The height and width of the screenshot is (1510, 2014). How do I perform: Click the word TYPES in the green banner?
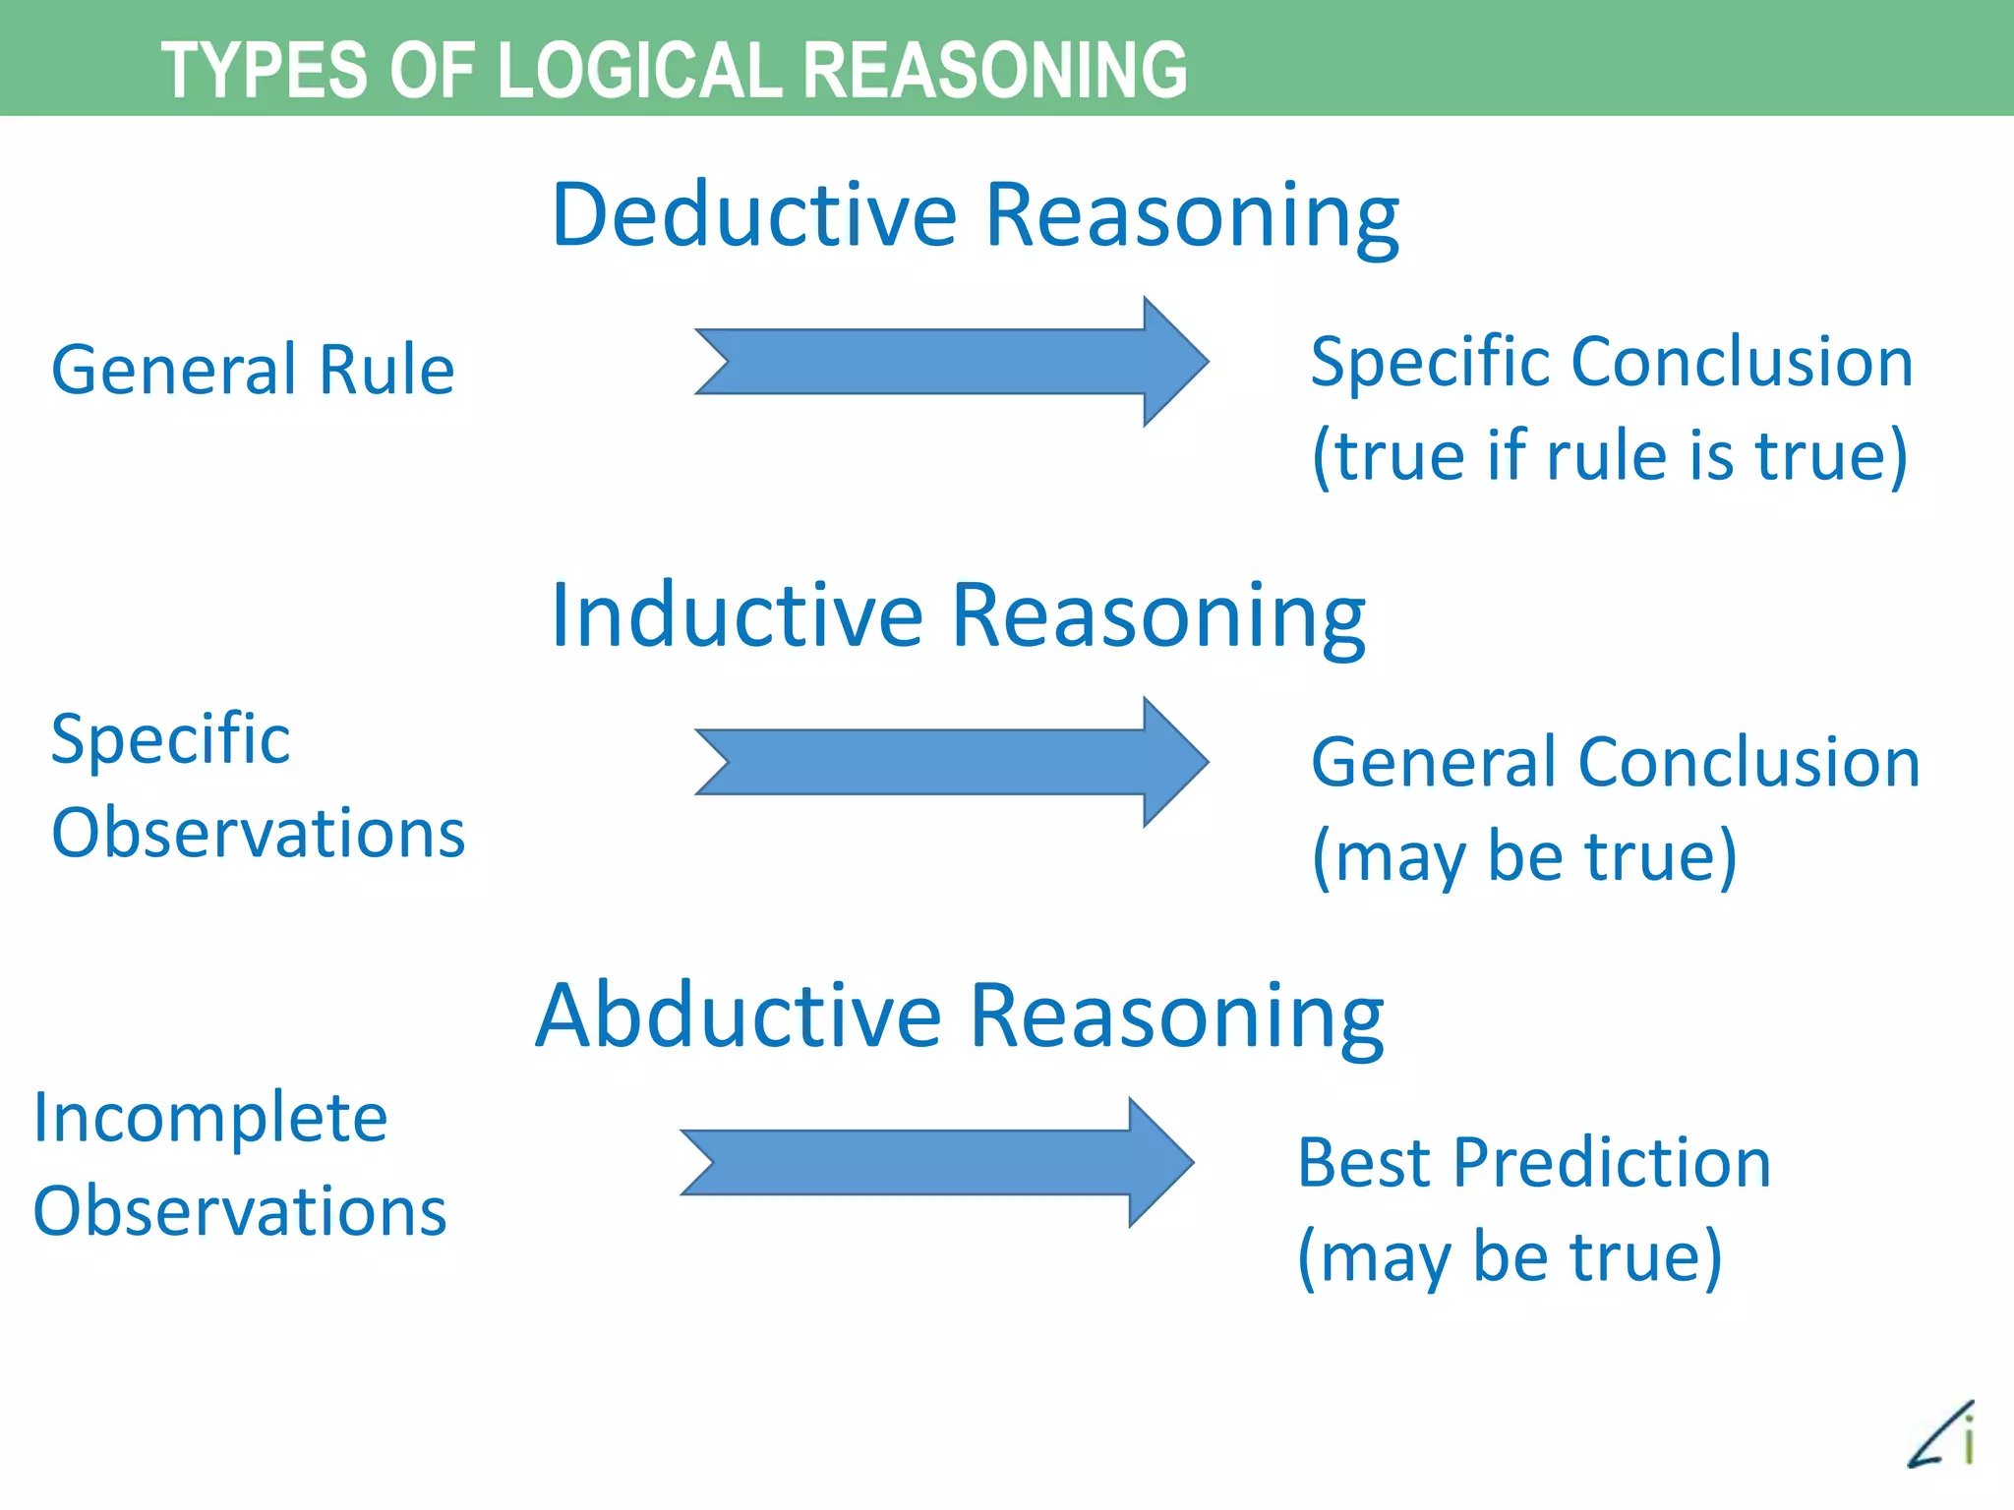tap(264, 70)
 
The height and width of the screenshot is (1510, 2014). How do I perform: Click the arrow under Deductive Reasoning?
tap(950, 362)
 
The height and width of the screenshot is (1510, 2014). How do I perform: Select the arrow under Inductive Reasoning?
tap(950, 762)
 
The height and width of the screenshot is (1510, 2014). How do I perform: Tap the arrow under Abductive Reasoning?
tap(935, 1162)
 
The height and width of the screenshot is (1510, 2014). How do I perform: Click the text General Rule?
tap(253, 370)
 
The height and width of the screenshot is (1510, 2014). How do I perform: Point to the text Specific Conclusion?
tap(1612, 362)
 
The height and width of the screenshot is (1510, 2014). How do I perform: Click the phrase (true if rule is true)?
tap(1610, 456)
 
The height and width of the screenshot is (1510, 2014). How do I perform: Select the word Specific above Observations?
tap(170, 738)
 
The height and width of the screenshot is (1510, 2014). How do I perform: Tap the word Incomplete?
tap(210, 1118)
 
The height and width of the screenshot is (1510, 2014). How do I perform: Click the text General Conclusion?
tap(1616, 762)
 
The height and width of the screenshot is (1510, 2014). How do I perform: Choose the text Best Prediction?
tap(1534, 1163)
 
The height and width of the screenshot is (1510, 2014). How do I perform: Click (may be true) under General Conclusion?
tap(1524, 856)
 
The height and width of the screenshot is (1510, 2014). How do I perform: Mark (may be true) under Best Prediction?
tap(1510, 1256)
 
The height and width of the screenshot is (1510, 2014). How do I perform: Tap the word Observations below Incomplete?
tap(240, 1211)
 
